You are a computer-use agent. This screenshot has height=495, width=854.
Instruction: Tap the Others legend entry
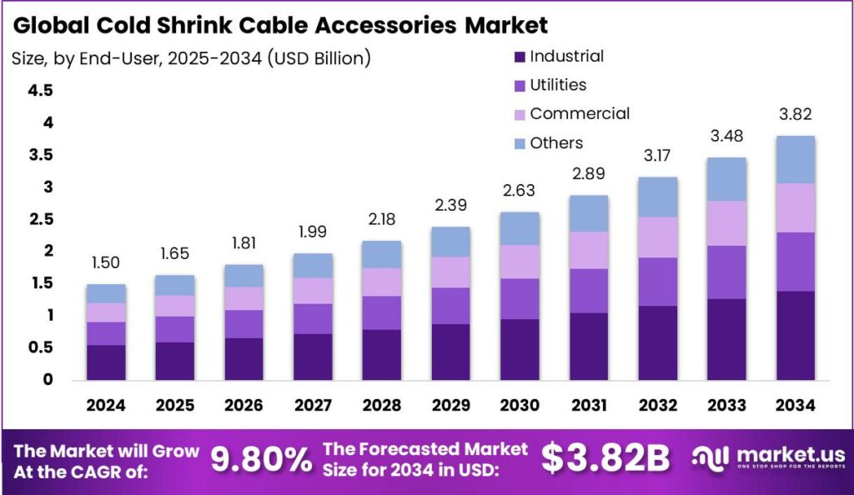point(556,143)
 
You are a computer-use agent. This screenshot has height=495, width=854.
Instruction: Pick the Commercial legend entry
point(580,113)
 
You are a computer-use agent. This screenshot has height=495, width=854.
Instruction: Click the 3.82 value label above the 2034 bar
point(794,114)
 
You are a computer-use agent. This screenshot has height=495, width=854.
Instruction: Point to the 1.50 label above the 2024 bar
point(106,262)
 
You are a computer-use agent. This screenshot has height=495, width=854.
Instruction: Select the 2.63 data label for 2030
point(519,192)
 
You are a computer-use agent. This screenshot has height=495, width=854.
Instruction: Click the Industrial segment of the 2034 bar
point(794,335)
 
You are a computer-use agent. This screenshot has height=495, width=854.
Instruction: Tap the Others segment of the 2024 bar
point(106,293)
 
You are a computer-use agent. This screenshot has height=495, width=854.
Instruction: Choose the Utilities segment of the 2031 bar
point(589,291)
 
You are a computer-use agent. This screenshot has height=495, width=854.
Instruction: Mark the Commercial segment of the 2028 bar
point(381,282)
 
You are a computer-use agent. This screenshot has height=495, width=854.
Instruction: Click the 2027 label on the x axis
point(312,405)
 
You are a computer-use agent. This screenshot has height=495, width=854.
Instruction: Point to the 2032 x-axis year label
point(656,405)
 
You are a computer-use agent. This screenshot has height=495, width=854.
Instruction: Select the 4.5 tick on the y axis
point(41,91)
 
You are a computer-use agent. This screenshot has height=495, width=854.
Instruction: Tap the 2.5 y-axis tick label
point(41,219)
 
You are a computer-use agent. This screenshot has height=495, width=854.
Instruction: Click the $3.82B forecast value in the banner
point(606,458)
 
